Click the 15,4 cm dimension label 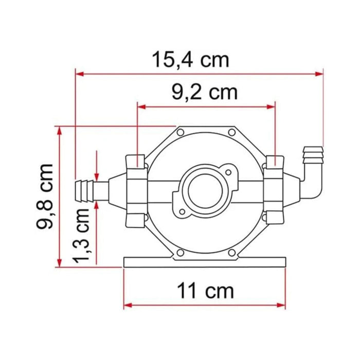click(190, 60)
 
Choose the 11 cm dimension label click(205, 291)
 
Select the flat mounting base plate click(205, 262)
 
